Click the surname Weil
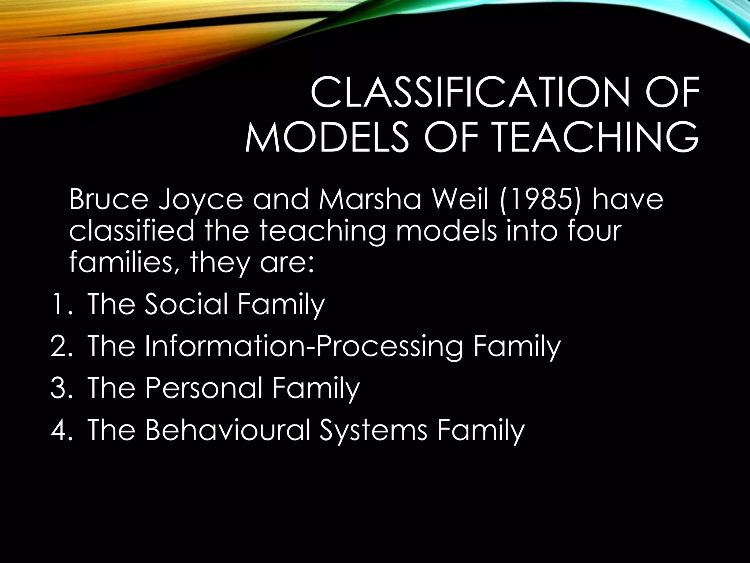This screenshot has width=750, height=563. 459,201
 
